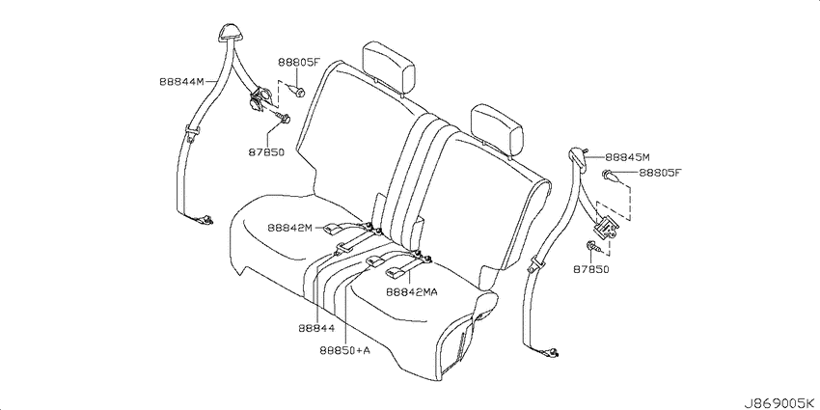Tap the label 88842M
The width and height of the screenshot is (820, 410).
[290, 229]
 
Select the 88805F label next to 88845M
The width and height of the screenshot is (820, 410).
[660, 174]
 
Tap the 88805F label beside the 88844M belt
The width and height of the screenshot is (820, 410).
[299, 62]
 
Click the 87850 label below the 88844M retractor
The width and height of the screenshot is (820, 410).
[265, 151]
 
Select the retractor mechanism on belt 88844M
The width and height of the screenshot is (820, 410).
[260, 98]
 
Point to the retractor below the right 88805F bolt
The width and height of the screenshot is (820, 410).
[609, 229]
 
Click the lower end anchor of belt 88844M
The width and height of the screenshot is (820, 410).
[205, 222]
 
